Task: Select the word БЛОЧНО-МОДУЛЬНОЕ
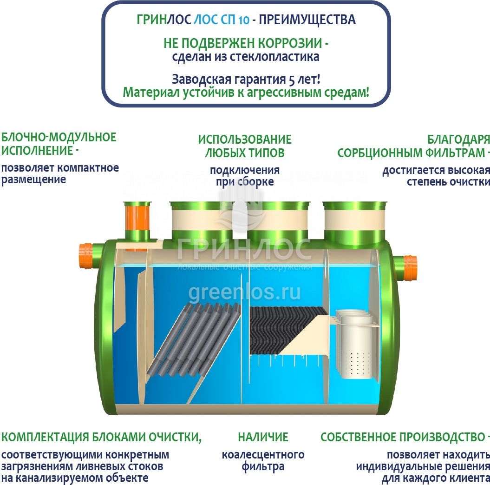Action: point(59,138)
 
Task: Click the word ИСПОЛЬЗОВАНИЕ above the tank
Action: point(245,140)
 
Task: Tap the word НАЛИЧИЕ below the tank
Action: point(263,437)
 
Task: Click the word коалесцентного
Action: point(263,454)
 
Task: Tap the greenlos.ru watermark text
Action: point(244,293)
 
